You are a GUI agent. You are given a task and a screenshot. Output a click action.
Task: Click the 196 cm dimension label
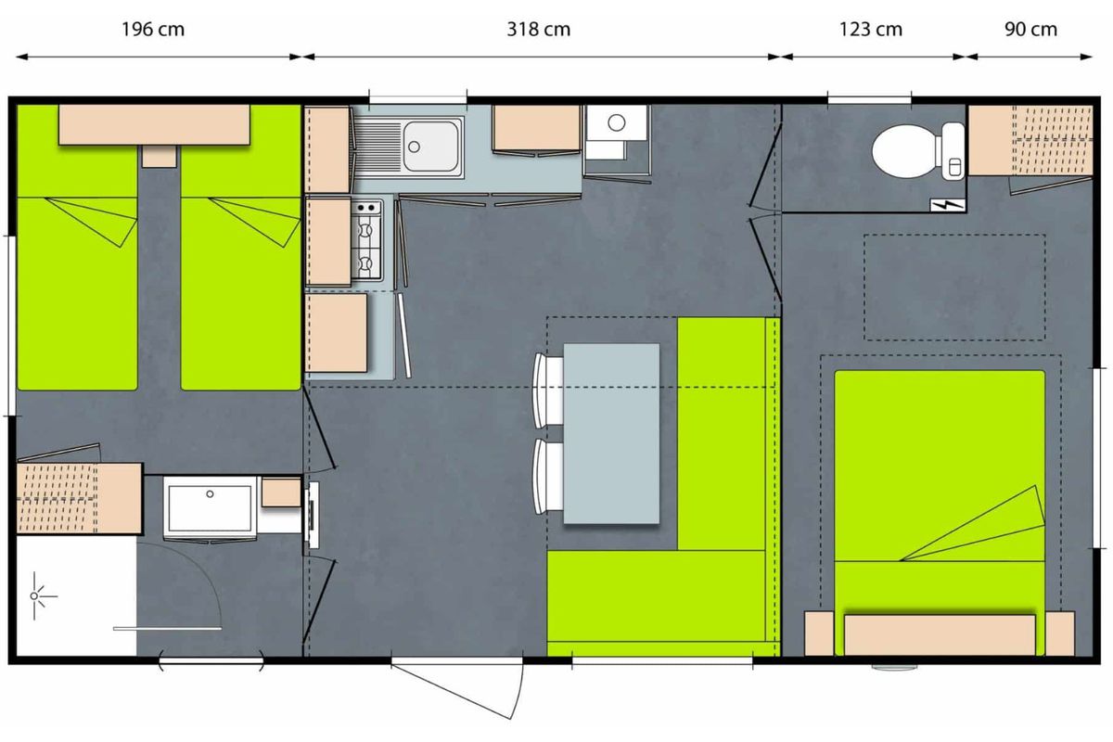tap(153, 30)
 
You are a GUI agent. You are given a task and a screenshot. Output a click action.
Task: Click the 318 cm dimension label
tap(539, 30)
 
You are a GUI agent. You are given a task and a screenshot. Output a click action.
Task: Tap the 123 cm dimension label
tap(871, 30)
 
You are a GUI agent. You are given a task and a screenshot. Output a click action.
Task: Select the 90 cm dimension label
tap(1030, 30)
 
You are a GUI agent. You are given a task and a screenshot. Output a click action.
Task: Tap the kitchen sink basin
tap(430, 147)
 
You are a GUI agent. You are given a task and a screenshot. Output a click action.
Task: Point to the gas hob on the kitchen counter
tap(366, 240)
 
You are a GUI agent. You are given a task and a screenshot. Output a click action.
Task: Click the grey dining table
tap(611, 433)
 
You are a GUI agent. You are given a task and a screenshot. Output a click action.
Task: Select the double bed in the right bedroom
tap(939, 512)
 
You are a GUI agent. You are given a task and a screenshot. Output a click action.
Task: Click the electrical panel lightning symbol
tap(948, 205)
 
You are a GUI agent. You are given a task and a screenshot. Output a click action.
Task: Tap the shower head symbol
tap(35, 595)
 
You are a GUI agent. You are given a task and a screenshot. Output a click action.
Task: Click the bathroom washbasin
tap(210, 507)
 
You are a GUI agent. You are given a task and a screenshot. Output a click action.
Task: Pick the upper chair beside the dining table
tap(548, 390)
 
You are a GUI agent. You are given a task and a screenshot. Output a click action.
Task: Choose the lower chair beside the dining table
tap(548, 476)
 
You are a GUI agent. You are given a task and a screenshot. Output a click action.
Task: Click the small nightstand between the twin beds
tap(159, 156)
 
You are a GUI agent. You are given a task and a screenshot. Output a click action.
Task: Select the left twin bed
tap(77, 247)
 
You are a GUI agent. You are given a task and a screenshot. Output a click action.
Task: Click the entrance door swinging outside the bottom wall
tap(457, 688)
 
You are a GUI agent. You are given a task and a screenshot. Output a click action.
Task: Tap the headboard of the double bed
tap(940, 634)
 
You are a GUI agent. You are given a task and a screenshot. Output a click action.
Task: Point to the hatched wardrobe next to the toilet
tap(1030, 140)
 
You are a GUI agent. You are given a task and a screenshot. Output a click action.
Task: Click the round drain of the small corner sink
tap(617, 122)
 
